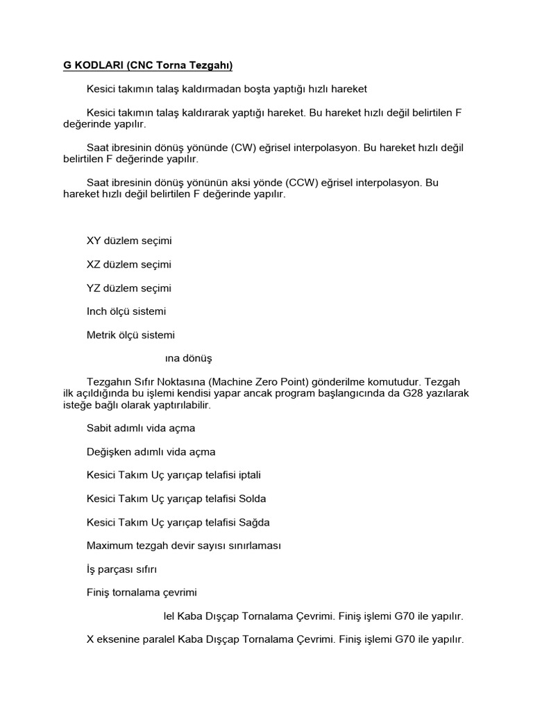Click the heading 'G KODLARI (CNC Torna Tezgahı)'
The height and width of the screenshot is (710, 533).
pos(148,66)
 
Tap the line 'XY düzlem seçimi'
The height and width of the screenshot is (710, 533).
pos(128,241)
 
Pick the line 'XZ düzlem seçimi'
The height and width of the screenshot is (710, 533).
pos(128,265)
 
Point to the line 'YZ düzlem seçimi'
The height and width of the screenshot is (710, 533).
pos(128,288)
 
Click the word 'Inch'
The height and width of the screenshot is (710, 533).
pos(97,312)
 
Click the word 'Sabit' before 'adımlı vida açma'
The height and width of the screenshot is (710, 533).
pos(99,428)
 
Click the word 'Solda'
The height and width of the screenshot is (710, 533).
pos(252,499)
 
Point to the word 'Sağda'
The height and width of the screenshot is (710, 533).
pos(254,523)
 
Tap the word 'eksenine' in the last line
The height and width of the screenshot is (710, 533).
pos(119,640)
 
